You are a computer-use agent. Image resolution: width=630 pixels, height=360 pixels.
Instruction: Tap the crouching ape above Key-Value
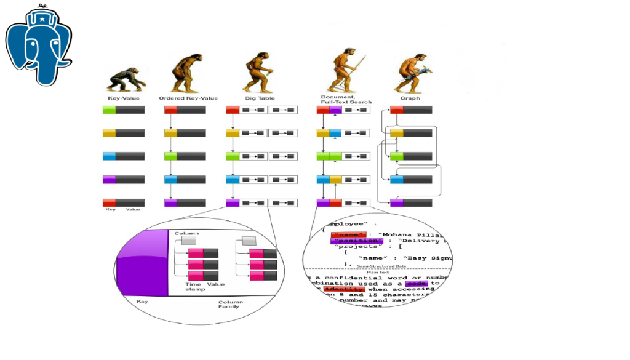[x=126, y=79]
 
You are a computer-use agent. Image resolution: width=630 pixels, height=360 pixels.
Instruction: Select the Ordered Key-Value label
[x=188, y=98]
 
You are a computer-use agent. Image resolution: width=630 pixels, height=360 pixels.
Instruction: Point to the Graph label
[x=410, y=98]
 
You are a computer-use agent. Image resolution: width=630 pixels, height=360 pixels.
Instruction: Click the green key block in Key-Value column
[x=109, y=110]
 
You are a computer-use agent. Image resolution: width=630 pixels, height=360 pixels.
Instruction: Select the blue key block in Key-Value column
[x=109, y=156]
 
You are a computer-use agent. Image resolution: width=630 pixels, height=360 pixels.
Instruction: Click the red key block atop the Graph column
[x=396, y=110]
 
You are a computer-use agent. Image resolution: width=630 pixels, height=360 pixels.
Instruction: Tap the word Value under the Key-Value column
[x=133, y=210]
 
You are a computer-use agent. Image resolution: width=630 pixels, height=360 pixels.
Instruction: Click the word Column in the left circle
[x=186, y=234]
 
